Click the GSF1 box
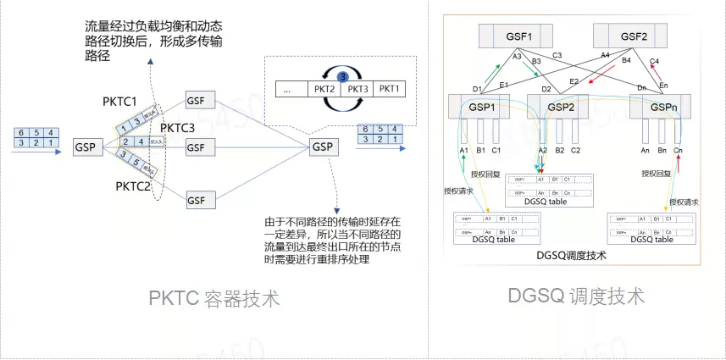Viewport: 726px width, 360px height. click(516, 36)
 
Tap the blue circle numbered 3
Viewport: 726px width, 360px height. click(343, 76)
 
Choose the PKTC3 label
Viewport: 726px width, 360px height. click(177, 128)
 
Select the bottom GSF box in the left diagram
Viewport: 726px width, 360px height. click(196, 200)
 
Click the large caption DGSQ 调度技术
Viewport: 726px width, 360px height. click(576, 296)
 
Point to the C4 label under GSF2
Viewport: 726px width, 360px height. click(653, 61)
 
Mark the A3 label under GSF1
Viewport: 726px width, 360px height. click(517, 57)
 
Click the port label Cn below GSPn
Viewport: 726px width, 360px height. click(678, 150)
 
